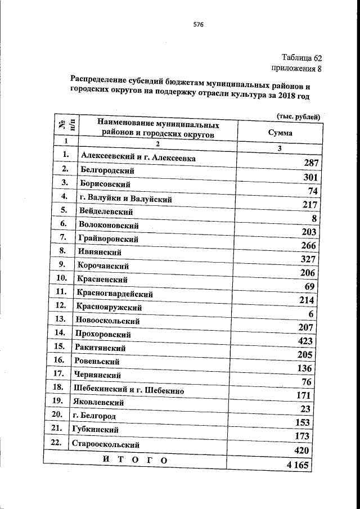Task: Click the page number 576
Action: pos(197,25)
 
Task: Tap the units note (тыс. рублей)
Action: pos(298,117)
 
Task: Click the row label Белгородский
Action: pos(108,170)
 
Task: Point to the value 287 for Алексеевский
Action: pos(310,164)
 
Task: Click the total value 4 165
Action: pos(298,465)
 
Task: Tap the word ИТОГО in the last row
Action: pos(136,461)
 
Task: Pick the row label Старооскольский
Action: pos(106,444)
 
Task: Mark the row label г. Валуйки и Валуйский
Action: pos(125,199)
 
